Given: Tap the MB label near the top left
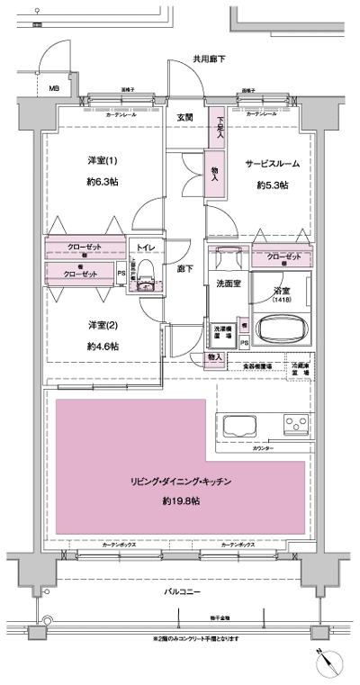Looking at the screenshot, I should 53,88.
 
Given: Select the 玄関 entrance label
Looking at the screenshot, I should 184,117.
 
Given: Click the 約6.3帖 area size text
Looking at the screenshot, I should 103,181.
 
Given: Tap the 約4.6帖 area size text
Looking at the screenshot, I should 103,346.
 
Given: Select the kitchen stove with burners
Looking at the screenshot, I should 296,423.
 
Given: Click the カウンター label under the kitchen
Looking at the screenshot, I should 264,447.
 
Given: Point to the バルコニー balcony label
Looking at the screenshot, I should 182,591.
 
